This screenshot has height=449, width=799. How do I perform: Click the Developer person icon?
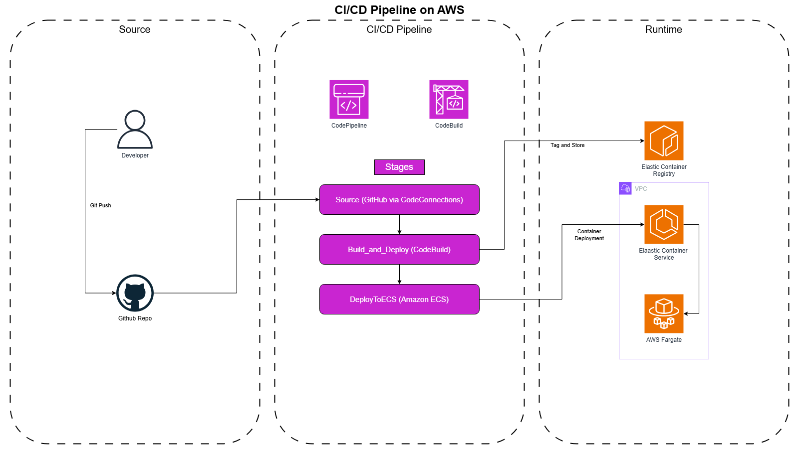click(x=135, y=129)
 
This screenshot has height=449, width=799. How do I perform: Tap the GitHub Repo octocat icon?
click(x=135, y=293)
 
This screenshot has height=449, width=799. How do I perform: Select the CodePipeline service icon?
click(x=349, y=100)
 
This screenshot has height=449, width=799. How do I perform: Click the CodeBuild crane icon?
click(x=449, y=100)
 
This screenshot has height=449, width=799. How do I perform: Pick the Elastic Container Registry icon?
click(x=664, y=141)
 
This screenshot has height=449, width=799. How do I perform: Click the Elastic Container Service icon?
click(x=664, y=224)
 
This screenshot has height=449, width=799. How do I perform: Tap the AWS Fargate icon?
click(x=664, y=313)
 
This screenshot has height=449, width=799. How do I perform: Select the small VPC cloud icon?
click(x=625, y=188)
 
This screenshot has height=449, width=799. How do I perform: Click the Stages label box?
click(x=399, y=167)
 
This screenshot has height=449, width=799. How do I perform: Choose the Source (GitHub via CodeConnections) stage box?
click(x=399, y=200)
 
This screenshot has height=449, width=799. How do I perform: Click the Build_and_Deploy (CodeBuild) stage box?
click(x=399, y=250)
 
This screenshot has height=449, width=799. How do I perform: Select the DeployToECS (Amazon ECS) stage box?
click(x=399, y=299)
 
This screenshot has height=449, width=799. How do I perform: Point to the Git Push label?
click(x=100, y=205)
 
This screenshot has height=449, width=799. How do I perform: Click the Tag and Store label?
click(x=567, y=146)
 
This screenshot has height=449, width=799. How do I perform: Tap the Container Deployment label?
click(x=589, y=235)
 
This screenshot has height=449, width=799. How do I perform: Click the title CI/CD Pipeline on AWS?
click(x=399, y=10)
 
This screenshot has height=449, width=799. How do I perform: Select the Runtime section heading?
click(x=663, y=29)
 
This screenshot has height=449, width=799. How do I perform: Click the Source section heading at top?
click(x=134, y=29)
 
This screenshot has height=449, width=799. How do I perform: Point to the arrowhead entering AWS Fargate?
click(x=686, y=313)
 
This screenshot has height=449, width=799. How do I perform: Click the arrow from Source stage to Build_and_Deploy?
click(x=399, y=224)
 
